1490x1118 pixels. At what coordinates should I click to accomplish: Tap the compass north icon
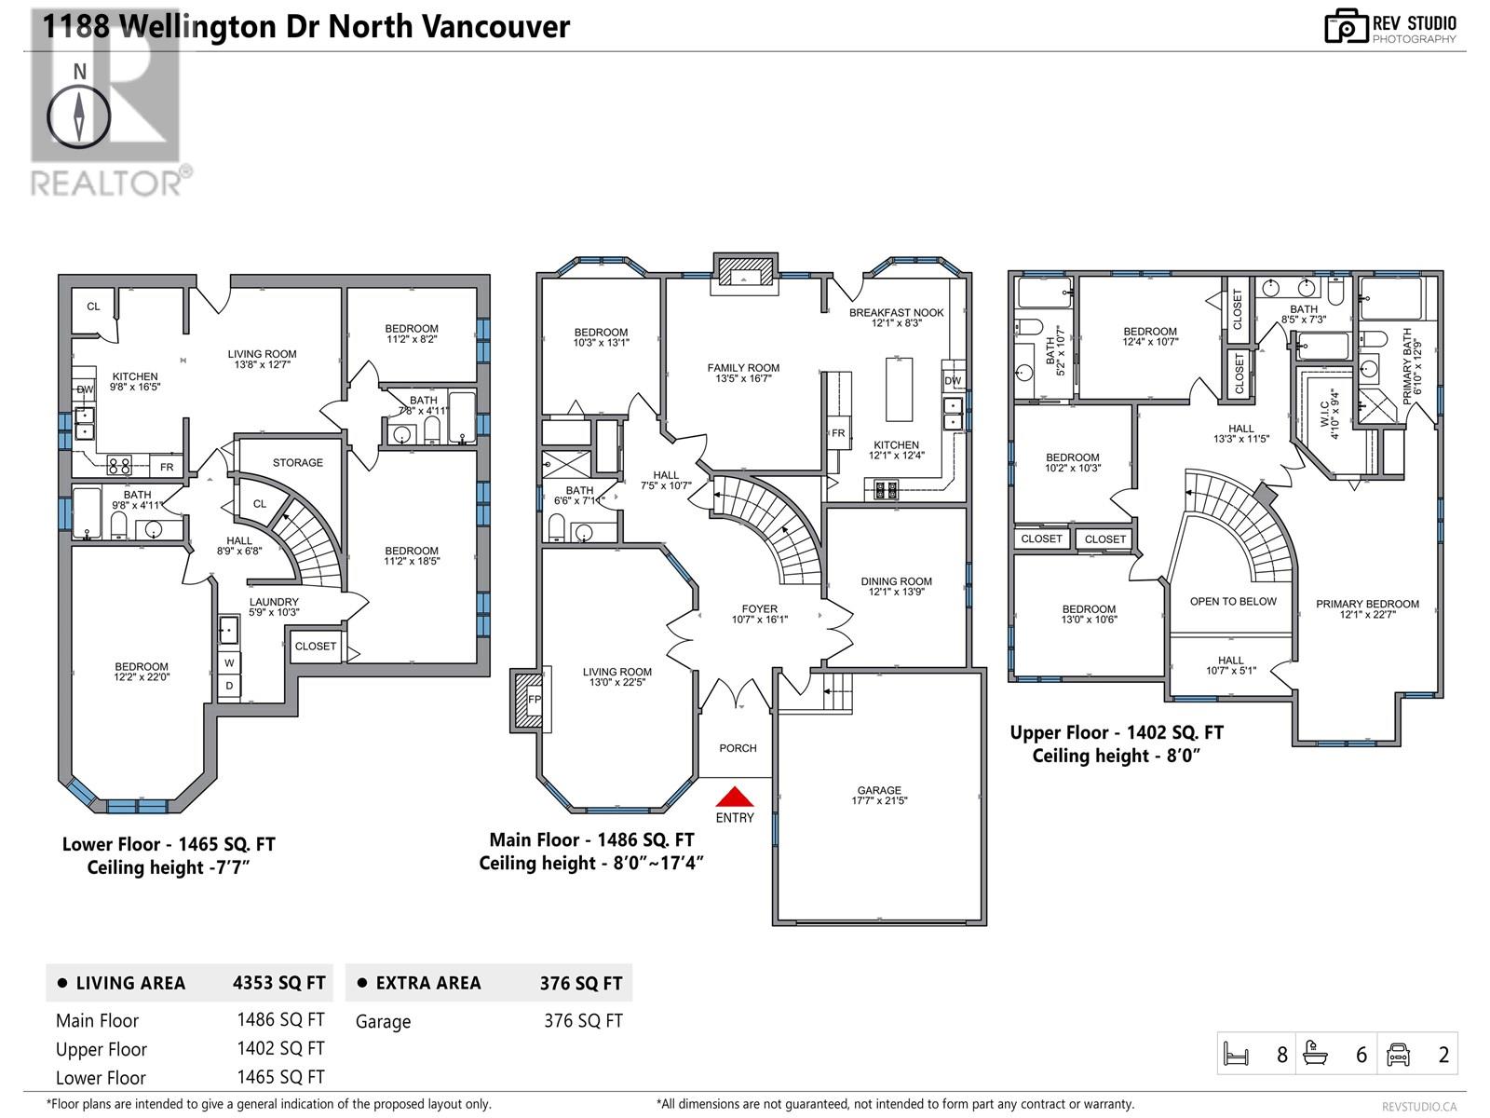click(79, 116)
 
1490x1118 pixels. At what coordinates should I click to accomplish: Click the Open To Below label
click(1233, 601)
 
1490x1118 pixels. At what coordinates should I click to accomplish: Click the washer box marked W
click(229, 663)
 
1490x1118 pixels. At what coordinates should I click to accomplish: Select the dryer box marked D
click(229, 687)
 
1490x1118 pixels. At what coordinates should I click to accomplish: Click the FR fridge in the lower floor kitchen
click(167, 467)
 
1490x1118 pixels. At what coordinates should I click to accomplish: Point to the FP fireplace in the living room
click(534, 699)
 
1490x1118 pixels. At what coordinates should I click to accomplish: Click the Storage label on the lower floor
click(298, 462)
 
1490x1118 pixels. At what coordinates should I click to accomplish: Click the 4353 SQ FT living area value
click(278, 983)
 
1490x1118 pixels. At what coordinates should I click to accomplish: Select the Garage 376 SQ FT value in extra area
click(583, 1021)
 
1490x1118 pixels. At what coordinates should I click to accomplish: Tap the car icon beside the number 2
click(1398, 1055)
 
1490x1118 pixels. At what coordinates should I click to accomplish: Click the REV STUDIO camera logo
click(1345, 26)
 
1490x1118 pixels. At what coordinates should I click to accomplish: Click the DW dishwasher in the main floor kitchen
click(953, 381)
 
